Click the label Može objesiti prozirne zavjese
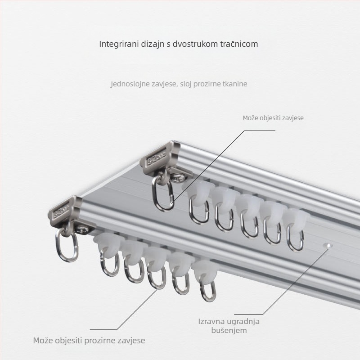point(89,340)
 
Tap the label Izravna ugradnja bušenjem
point(229,326)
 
